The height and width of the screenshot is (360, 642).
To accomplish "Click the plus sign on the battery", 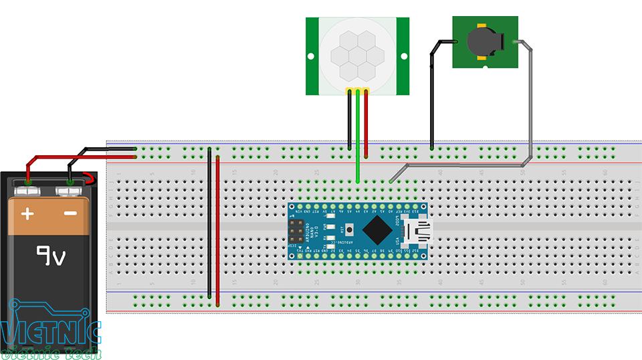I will pos(27,214).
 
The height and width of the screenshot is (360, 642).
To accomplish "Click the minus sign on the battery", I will pos(71,214).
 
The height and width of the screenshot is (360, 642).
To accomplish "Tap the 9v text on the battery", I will pos(50,255).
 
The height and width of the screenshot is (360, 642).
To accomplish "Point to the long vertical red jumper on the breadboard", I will pos(218,228).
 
